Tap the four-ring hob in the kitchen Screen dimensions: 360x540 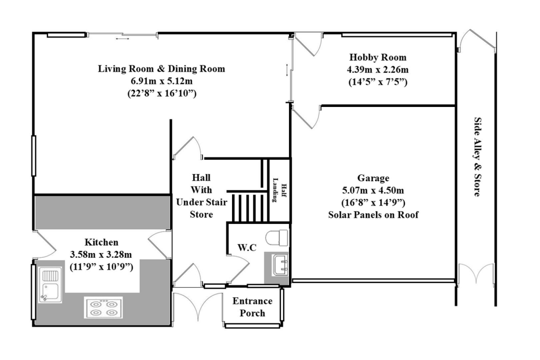pos(103,307)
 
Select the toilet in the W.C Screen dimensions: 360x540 pos(278,238)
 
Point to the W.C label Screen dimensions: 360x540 pos(247,247)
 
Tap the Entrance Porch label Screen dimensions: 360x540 pos(253,307)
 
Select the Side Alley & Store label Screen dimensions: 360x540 pos(476,157)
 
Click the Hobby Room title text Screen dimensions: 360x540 pos(378,57)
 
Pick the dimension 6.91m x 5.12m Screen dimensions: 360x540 pos(161,81)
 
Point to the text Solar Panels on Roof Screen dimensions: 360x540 pos(373,215)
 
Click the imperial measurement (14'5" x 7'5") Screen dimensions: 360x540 pos(378,82)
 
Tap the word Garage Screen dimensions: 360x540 pos(373,178)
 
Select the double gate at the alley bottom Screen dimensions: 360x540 pos(476,274)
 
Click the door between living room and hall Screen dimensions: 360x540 pos(188,148)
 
